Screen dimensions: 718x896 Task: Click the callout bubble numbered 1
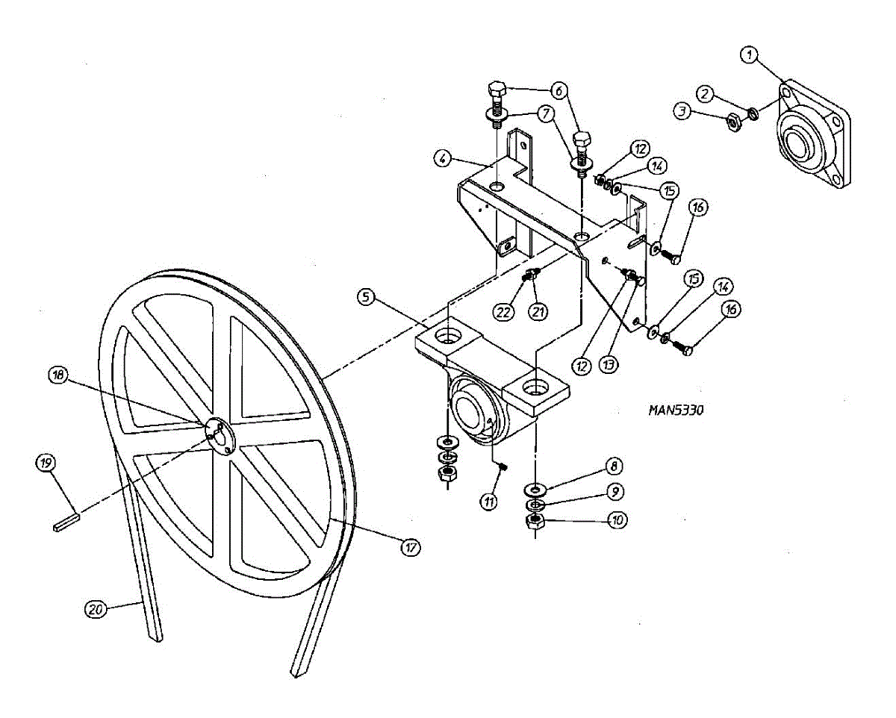click(x=749, y=54)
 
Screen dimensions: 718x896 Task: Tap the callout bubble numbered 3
click(x=680, y=112)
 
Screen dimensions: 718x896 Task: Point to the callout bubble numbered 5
click(x=365, y=296)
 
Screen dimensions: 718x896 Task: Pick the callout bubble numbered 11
click(x=488, y=502)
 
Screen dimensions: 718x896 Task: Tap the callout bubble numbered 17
click(x=410, y=547)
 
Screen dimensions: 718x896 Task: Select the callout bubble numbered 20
click(x=95, y=608)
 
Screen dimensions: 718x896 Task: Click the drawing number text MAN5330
click(x=676, y=409)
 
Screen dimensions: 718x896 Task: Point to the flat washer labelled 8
click(x=535, y=489)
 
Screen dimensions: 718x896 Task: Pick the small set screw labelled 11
click(x=503, y=466)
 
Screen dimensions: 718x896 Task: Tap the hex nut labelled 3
click(x=732, y=121)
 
